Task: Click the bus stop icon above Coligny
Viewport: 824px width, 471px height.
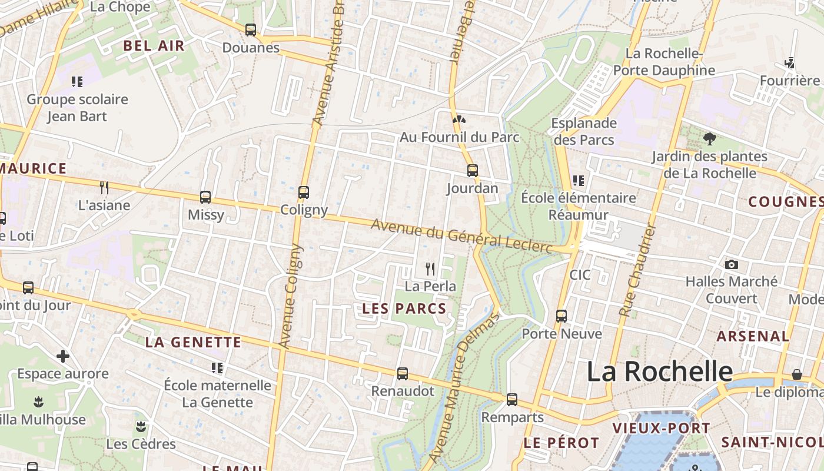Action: [x=304, y=193]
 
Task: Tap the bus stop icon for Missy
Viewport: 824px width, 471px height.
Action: [x=205, y=197]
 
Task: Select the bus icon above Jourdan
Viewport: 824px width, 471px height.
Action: [x=472, y=171]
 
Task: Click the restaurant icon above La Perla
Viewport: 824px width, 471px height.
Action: [x=430, y=269]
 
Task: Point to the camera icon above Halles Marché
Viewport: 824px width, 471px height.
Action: [x=731, y=265]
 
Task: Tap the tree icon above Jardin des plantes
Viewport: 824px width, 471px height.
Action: [x=709, y=139]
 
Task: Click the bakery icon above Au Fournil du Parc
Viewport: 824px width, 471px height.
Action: [x=459, y=120]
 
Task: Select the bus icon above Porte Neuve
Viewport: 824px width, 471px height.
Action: [x=561, y=316]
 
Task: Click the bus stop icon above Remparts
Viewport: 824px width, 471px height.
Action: [x=512, y=400]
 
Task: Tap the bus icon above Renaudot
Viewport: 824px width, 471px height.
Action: [x=403, y=374]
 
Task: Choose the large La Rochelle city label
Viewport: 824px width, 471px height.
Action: [x=659, y=372]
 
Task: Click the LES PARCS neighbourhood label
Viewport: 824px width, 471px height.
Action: [x=404, y=308]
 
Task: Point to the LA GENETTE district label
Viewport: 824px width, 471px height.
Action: [x=193, y=342]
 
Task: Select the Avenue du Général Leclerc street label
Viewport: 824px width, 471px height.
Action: [x=461, y=236]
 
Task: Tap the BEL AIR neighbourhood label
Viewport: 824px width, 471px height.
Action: [x=154, y=45]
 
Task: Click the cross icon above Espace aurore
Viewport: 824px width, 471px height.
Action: [x=63, y=356]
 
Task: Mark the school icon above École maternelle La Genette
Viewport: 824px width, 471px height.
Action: [x=217, y=368]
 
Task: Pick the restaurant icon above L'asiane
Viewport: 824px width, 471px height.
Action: [x=104, y=188]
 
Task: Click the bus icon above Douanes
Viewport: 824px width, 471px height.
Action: [x=251, y=30]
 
